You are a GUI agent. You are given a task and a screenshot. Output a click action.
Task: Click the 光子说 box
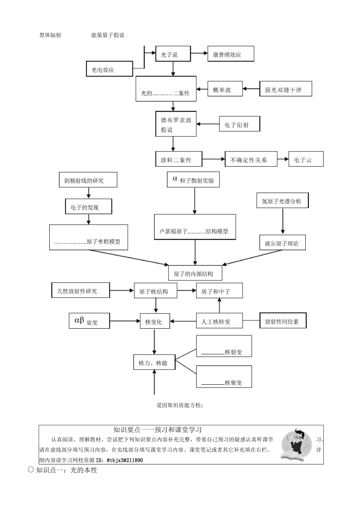[x=173, y=54]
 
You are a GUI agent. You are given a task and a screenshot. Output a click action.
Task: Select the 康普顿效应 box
[x=230, y=55]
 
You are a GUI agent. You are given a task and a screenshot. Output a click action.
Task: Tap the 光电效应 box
[x=110, y=69]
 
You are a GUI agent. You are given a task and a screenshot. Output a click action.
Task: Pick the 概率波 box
[x=225, y=89]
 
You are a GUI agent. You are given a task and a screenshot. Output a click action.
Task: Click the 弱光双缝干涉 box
[x=285, y=89]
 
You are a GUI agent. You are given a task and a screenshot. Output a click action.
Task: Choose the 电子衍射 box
[x=239, y=124]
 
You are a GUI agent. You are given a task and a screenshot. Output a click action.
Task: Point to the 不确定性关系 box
[x=251, y=159]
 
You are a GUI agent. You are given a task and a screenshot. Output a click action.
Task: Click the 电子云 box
[x=306, y=159]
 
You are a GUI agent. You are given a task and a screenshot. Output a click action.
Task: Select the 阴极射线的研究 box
[x=88, y=180]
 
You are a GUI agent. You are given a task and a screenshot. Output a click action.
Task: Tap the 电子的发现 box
[x=88, y=207]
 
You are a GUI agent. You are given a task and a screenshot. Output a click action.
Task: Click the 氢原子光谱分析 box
[x=282, y=200]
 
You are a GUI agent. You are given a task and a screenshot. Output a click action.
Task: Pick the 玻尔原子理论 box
[x=282, y=243]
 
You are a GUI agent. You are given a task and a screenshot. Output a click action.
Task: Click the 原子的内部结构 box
[x=195, y=273]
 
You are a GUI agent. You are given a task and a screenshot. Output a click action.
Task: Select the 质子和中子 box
[x=219, y=291]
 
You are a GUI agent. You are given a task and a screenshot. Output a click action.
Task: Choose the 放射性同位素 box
[x=283, y=321]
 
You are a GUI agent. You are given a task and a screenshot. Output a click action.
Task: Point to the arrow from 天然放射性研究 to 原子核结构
[x=122, y=290]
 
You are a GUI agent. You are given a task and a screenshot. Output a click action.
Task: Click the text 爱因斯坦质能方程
[x=180, y=405]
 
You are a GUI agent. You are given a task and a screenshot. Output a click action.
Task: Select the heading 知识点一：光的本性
[x=67, y=470]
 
